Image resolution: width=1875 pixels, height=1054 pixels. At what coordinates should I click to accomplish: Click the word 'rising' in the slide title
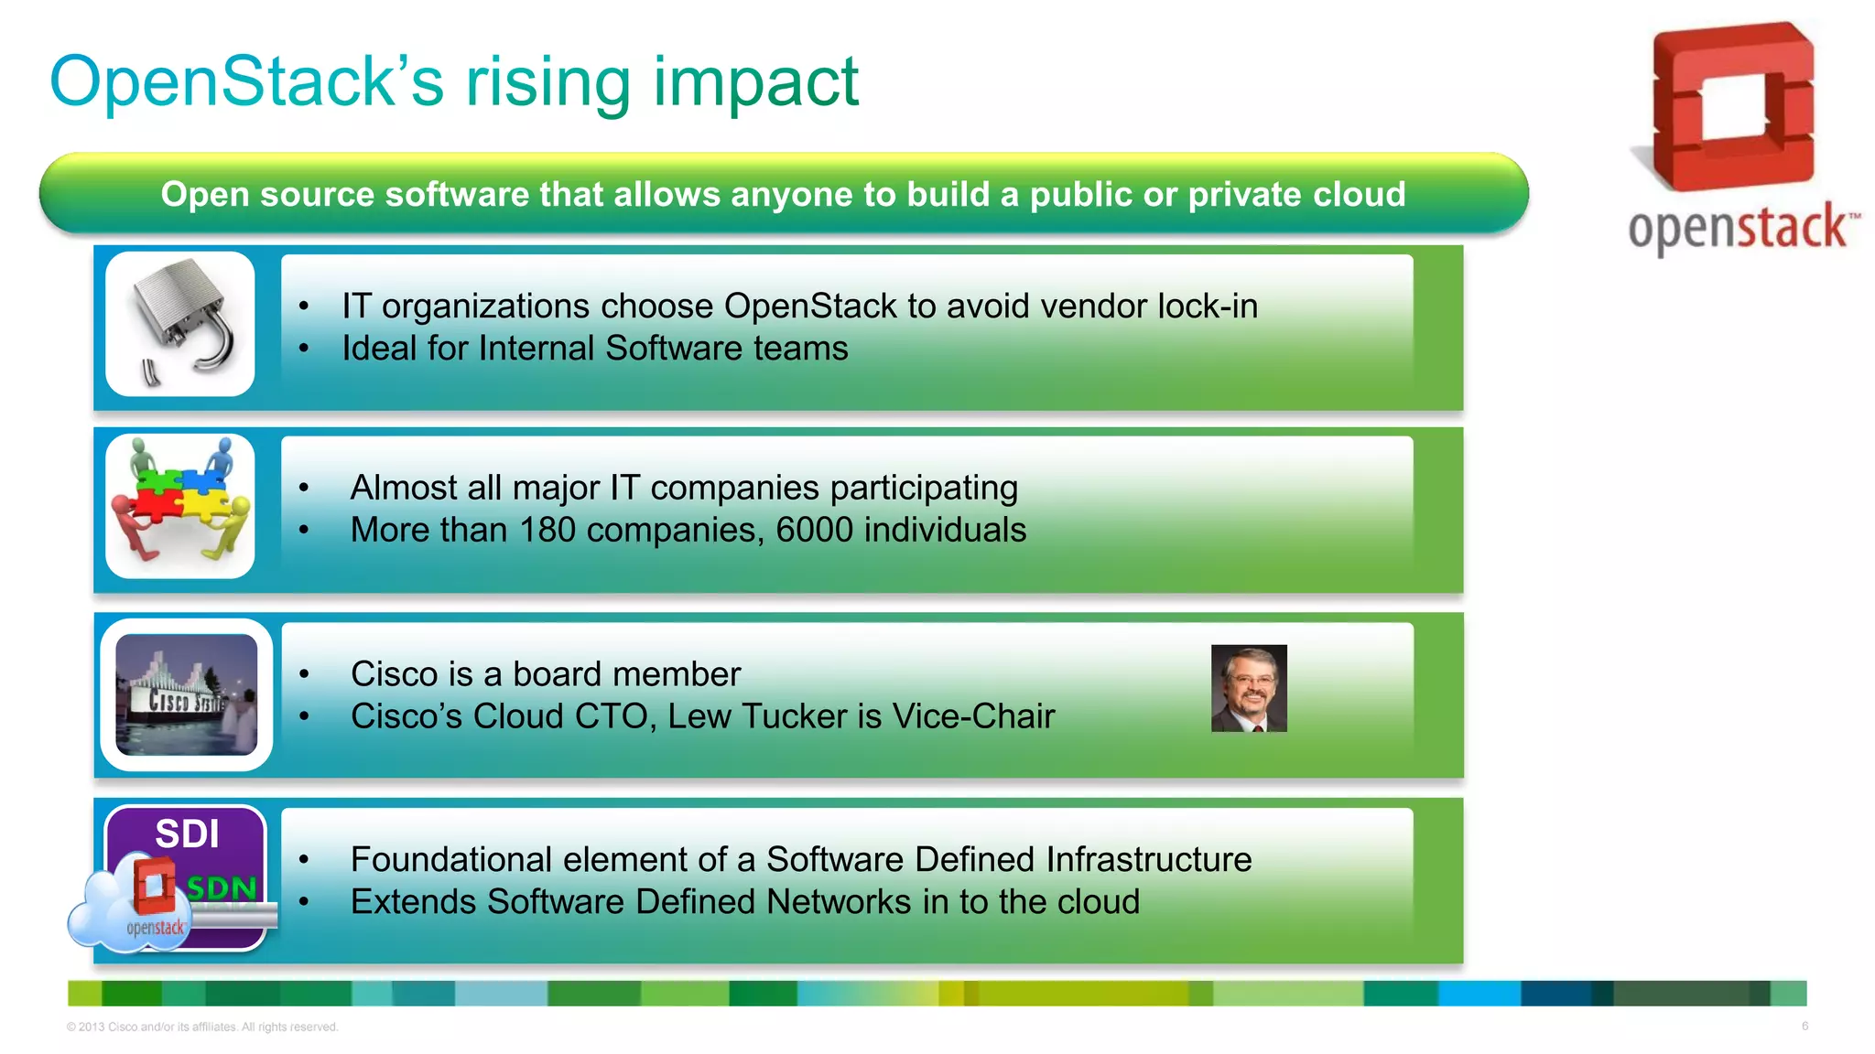(547, 82)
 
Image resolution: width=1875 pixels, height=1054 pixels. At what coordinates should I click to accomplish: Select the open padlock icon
(181, 322)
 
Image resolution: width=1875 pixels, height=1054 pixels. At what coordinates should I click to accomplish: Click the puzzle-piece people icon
(180, 505)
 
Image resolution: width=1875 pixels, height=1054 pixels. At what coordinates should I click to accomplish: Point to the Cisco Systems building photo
(186, 695)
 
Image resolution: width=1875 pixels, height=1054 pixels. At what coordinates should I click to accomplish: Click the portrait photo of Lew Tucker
(1248, 688)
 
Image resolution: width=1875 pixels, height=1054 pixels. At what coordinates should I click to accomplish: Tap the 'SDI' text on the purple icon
(187, 834)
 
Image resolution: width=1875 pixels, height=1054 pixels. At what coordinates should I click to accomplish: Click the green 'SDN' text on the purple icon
(222, 887)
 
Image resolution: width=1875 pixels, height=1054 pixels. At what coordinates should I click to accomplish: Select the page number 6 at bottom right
(1805, 1026)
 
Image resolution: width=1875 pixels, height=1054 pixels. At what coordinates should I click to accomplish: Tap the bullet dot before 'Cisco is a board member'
(304, 674)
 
